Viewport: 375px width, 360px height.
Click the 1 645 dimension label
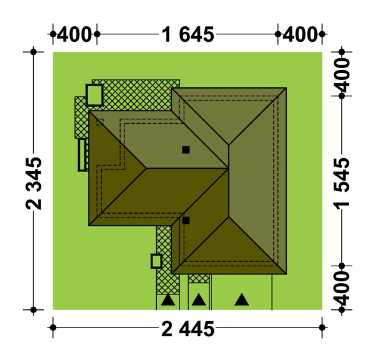(x=187, y=35)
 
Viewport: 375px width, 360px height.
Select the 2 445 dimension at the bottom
(x=187, y=329)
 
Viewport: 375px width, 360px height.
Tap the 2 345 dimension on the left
(x=34, y=184)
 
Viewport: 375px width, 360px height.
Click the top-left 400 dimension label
(x=74, y=34)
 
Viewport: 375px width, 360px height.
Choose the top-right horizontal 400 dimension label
(x=300, y=34)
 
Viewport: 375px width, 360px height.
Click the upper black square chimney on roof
(x=186, y=150)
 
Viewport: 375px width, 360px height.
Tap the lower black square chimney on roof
(x=186, y=221)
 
